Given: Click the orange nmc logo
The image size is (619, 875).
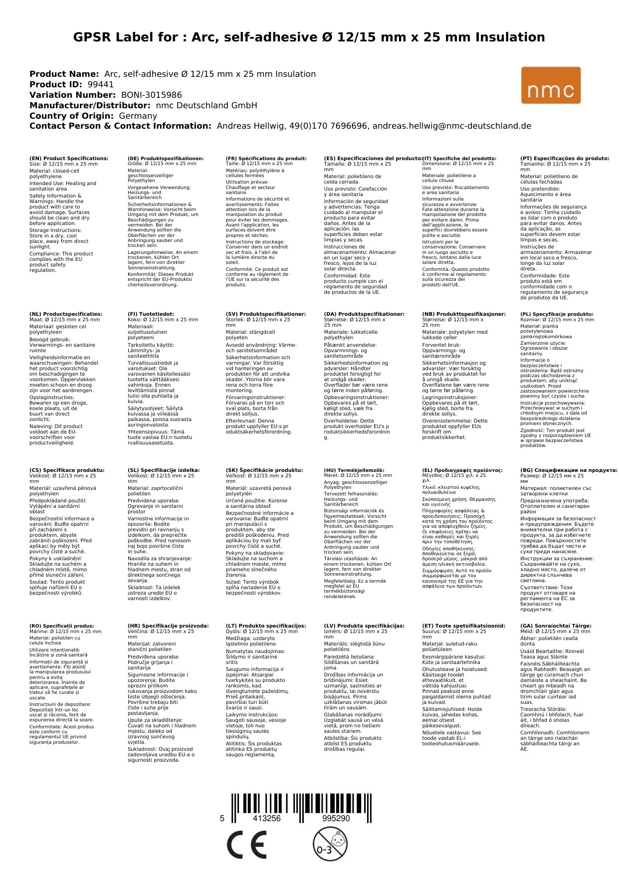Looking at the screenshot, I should (551, 85).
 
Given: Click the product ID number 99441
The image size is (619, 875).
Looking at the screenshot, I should (100, 85).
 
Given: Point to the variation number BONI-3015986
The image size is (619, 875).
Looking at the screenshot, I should (151, 95).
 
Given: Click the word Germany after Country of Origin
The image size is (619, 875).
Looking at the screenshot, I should (138, 116).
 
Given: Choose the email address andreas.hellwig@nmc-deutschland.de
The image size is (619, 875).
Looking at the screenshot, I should (452, 126).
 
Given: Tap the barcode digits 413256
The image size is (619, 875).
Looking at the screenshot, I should (267, 819).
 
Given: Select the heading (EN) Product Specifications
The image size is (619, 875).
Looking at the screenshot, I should (69, 159).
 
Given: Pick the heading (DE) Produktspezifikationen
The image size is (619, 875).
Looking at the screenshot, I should (166, 159).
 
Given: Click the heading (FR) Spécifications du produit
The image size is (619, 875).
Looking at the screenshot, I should (266, 159).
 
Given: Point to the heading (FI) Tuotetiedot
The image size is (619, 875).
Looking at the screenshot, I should (151, 314).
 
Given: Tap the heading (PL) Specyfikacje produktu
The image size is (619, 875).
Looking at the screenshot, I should (557, 314).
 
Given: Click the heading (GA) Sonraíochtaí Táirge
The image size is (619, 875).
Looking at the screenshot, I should (556, 626).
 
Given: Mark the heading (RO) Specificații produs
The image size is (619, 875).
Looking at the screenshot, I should (62, 626).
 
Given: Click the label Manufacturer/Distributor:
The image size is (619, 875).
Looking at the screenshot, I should (90, 106).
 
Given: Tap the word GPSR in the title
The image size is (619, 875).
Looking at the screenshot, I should (93, 37).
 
